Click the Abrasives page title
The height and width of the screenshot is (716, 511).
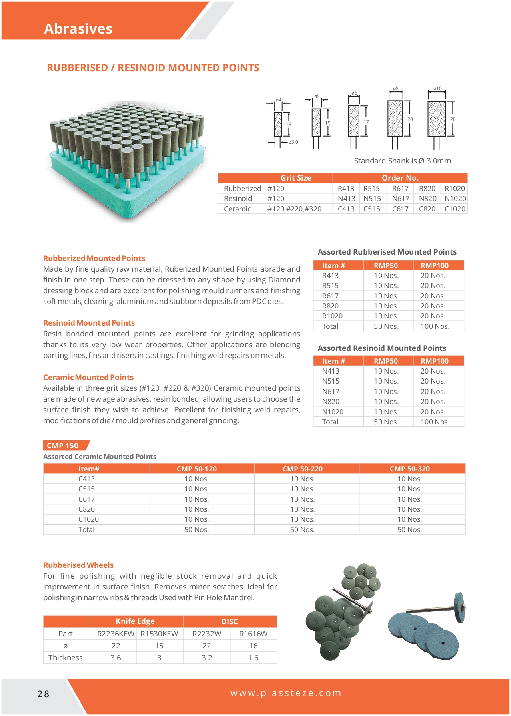(x=78, y=29)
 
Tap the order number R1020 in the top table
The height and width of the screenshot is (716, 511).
(x=455, y=189)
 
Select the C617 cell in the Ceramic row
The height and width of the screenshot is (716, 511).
(x=400, y=209)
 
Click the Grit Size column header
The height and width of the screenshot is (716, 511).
(x=296, y=178)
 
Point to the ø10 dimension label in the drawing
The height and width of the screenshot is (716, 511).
(x=437, y=89)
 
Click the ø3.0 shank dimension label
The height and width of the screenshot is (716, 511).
(x=293, y=142)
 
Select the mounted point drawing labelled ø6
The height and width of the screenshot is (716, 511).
(x=353, y=121)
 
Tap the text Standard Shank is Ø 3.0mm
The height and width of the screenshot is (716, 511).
(x=403, y=161)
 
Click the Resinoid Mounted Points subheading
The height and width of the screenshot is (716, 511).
(x=89, y=323)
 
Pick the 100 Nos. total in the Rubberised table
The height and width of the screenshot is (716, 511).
(x=435, y=326)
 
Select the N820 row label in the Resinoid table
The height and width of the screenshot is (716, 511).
(x=331, y=402)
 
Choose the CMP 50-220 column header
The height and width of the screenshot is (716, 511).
(x=302, y=469)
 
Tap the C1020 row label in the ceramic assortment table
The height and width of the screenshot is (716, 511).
(x=88, y=519)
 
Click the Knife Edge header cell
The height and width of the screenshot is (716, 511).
(x=135, y=621)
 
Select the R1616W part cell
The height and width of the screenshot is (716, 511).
(x=253, y=634)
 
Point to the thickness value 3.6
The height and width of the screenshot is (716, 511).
(x=116, y=658)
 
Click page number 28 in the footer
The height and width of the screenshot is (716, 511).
(x=43, y=694)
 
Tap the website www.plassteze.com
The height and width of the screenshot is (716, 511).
(x=286, y=693)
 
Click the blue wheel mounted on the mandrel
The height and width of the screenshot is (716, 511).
(x=460, y=607)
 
